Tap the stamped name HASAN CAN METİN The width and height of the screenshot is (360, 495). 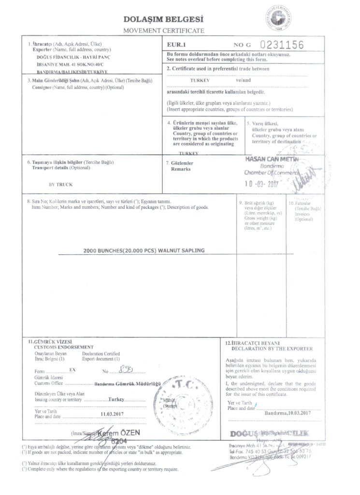(x=273, y=159)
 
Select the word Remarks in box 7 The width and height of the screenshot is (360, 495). (x=181, y=170)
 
